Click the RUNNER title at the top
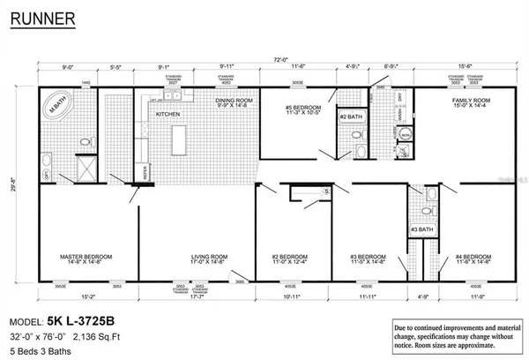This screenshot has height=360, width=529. coord(41,18)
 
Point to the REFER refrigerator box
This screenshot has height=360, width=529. coord(145,174)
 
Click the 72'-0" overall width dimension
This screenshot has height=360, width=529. coord(280,60)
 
